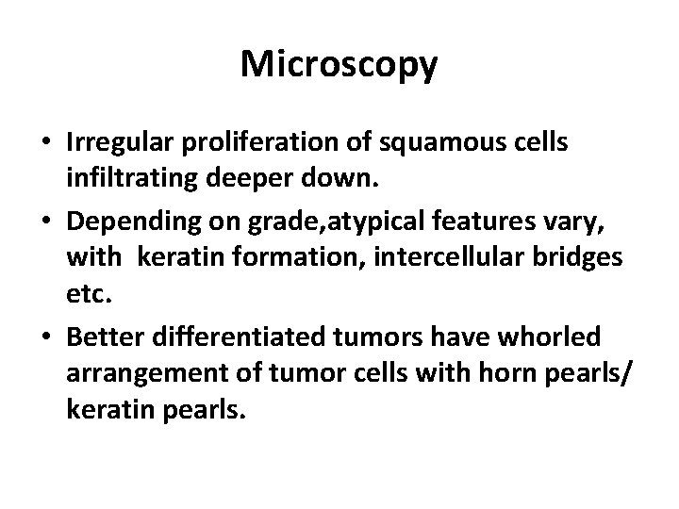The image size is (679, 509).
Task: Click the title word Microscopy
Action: click(x=339, y=64)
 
